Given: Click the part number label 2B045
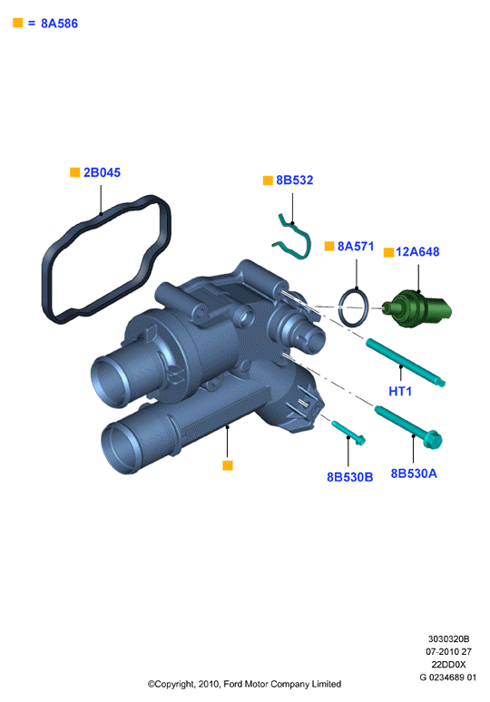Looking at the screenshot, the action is point(102,172).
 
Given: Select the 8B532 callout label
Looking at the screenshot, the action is point(295,180).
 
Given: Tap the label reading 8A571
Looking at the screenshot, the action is point(356,246).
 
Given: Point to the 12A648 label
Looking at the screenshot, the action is point(417,251).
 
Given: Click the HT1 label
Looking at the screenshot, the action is point(400,391).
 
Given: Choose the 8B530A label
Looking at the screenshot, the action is point(414,473).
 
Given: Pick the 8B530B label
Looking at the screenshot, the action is point(350,477).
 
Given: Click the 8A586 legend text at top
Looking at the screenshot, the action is point(59,24).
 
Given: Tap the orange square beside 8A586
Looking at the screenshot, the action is point(18,23).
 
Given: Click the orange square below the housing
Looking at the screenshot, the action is point(228,465).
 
